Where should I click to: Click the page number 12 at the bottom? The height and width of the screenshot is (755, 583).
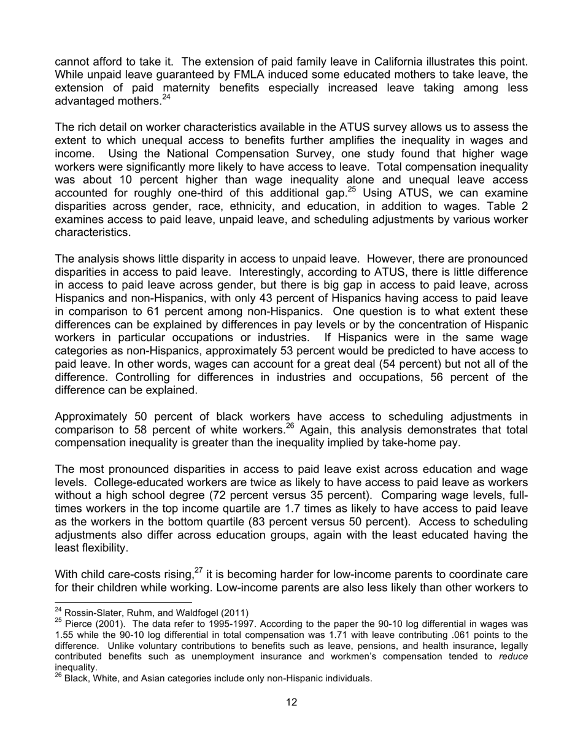[291, 702]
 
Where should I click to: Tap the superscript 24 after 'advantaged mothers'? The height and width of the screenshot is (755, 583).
[166, 98]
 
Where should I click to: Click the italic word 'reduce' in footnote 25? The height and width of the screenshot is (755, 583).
[514, 657]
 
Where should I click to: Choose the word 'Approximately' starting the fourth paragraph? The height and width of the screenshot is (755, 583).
[91, 417]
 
